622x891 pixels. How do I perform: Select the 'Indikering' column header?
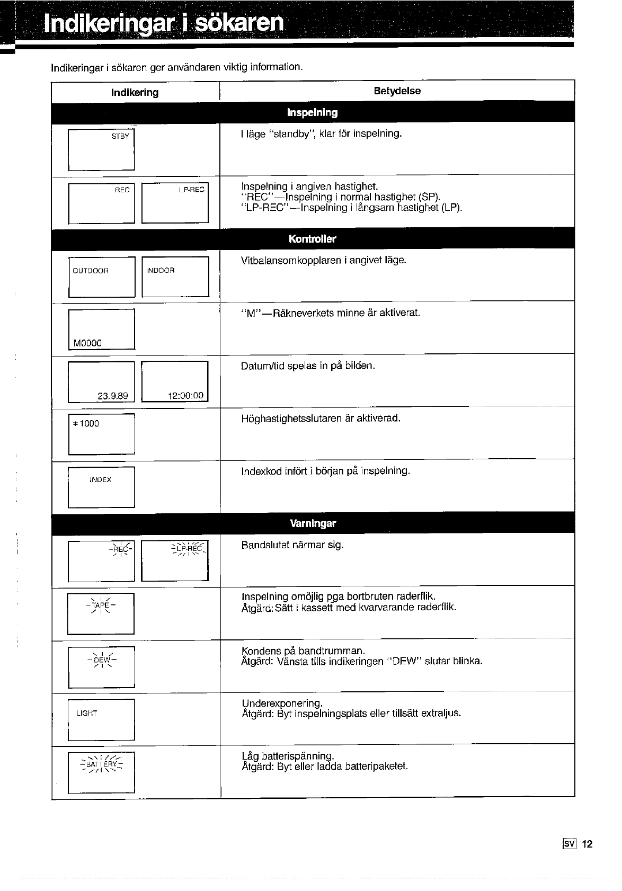(x=135, y=92)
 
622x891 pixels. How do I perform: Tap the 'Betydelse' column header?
(x=397, y=91)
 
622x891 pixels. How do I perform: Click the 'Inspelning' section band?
(x=312, y=112)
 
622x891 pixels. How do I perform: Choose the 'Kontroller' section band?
(x=312, y=239)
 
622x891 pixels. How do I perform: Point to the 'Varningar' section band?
(x=313, y=523)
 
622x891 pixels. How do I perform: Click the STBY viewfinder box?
(x=101, y=149)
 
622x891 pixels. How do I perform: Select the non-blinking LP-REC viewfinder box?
(x=175, y=203)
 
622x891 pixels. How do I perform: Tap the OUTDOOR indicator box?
(x=102, y=277)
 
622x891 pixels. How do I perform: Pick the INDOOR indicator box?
(x=175, y=277)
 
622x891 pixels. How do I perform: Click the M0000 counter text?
(x=88, y=343)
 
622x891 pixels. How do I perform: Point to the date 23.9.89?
(x=113, y=396)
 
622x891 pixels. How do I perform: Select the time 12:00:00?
(x=185, y=396)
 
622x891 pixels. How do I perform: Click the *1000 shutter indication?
(x=86, y=423)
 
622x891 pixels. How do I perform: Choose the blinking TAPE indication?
(x=100, y=605)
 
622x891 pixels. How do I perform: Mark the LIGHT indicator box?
(x=101, y=720)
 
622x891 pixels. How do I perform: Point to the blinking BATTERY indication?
(x=101, y=764)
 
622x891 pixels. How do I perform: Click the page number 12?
(x=587, y=844)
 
